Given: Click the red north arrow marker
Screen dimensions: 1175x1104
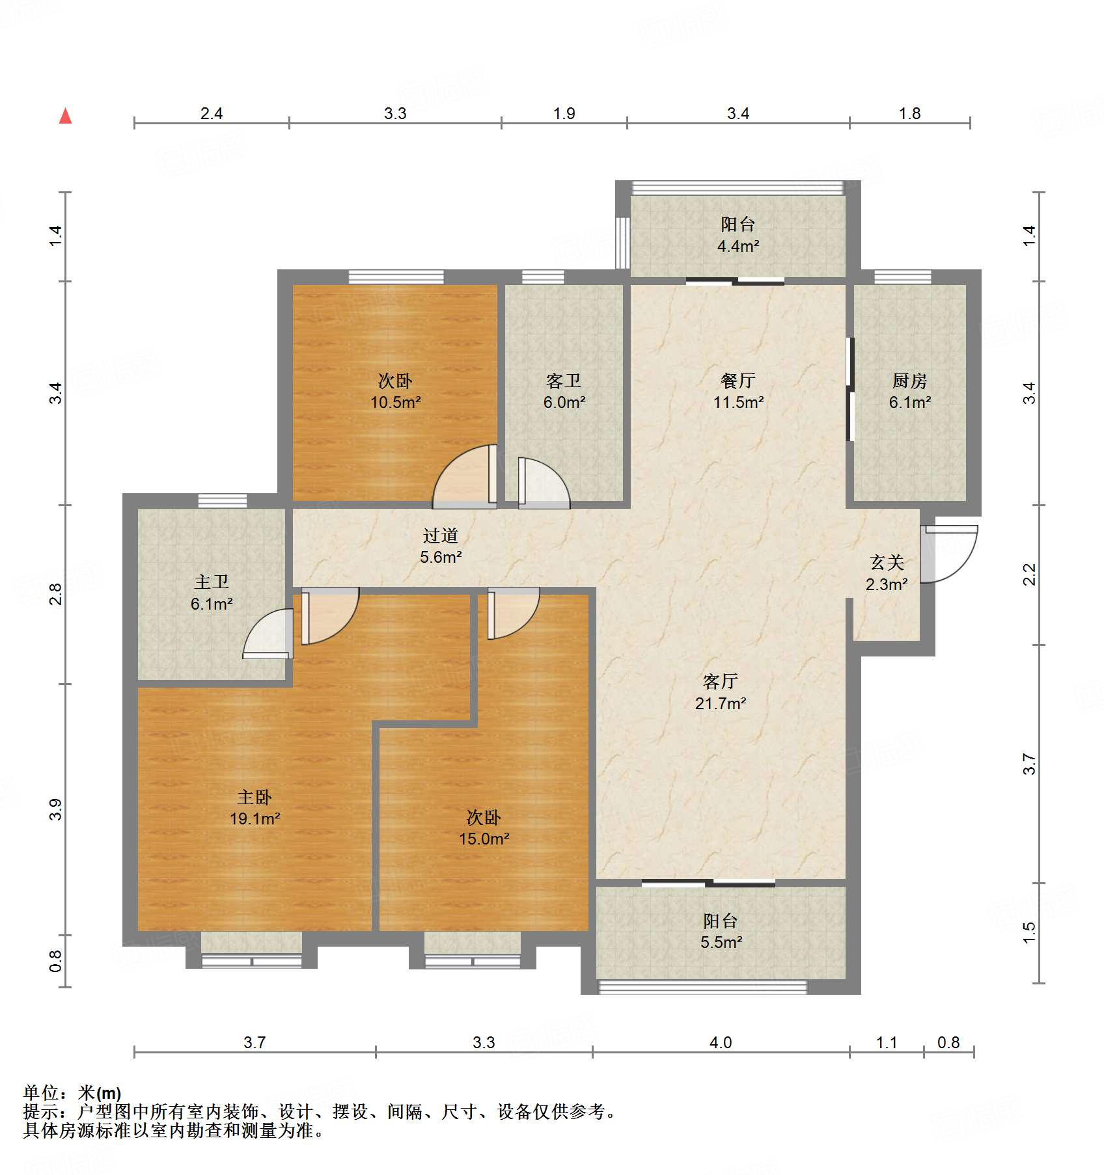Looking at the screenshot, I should click(66, 116).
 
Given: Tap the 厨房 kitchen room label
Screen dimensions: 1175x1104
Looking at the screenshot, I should click(909, 381).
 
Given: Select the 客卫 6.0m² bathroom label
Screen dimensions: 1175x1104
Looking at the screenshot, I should click(564, 391).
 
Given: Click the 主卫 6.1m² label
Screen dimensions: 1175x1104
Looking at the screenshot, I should click(212, 593).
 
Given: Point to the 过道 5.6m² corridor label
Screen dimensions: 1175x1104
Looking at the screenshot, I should click(441, 546).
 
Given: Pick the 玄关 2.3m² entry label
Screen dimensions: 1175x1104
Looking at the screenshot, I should click(887, 573).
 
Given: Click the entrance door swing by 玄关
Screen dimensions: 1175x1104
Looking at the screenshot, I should click(951, 552).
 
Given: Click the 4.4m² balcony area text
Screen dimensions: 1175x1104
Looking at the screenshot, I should click(738, 247).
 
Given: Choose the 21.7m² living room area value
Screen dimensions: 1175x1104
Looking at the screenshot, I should click(720, 703).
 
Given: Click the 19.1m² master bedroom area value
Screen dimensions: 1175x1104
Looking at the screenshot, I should click(255, 819).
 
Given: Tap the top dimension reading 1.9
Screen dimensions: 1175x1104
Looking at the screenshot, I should click(564, 114).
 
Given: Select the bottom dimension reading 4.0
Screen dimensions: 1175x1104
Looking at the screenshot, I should click(720, 1042).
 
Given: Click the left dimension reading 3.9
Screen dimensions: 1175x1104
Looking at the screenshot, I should click(56, 809).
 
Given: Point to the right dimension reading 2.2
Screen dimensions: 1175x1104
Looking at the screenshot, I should click(1028, 574).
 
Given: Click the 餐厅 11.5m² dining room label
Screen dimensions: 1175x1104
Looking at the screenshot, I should click(738, 391).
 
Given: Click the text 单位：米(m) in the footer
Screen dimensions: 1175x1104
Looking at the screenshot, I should click(72, 1093).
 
